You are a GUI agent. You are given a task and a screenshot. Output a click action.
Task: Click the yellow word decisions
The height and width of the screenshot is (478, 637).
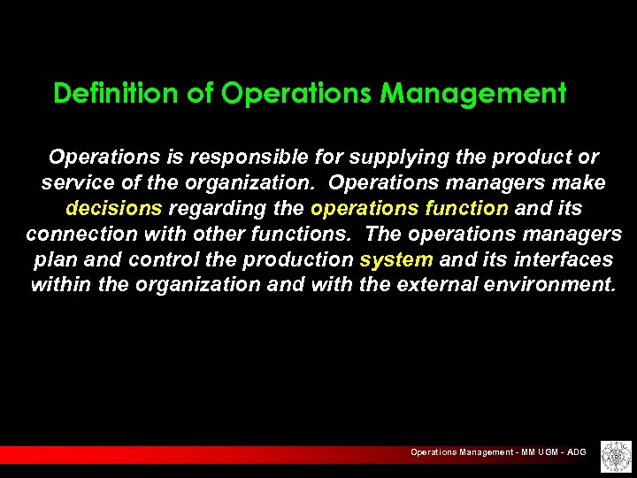114,209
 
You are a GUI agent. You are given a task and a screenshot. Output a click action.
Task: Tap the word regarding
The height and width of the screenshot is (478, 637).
213,209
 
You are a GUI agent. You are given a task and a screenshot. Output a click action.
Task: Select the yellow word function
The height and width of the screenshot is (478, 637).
466,209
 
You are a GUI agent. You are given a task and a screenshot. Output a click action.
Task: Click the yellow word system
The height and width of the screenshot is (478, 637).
396,260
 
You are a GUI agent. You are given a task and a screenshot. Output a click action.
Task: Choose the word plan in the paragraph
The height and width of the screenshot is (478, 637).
55,260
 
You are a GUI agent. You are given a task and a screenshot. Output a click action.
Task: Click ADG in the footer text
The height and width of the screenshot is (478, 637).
576,452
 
